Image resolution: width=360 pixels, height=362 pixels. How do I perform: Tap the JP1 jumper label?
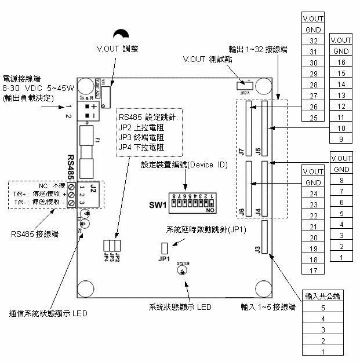[x=164, y=259]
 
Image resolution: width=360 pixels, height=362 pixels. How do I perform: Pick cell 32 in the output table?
[x=313, y=41]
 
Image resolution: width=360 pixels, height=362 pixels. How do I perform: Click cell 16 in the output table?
[x=341, y=62]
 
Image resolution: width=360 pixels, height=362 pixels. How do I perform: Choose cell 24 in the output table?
[x=313, y=193]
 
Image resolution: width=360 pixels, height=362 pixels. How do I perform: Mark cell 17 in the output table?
[x=313, y=270]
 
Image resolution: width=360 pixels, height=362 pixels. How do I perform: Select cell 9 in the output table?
[x=341, y=139]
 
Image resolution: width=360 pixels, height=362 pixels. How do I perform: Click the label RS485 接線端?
[x=34, y=235]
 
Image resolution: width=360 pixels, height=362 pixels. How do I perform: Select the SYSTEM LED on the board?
[x=183, y=271]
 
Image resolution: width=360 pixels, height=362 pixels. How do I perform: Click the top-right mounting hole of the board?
[x=264, y=86]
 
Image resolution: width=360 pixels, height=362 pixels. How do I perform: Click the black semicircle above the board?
[x=121, y=35]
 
